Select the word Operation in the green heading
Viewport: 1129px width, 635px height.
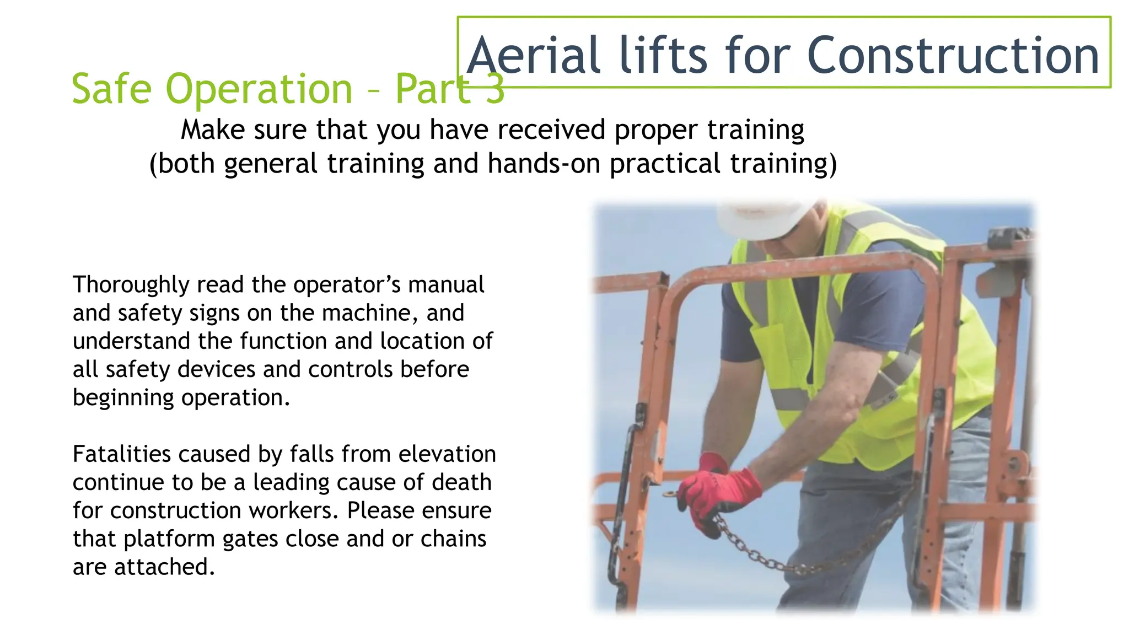tap(259, 89)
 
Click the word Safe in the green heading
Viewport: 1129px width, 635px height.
tap(111, 89)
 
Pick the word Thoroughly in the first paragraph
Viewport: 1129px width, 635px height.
tap(131, 285)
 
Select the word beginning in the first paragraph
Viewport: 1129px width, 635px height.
tap(123, 398)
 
